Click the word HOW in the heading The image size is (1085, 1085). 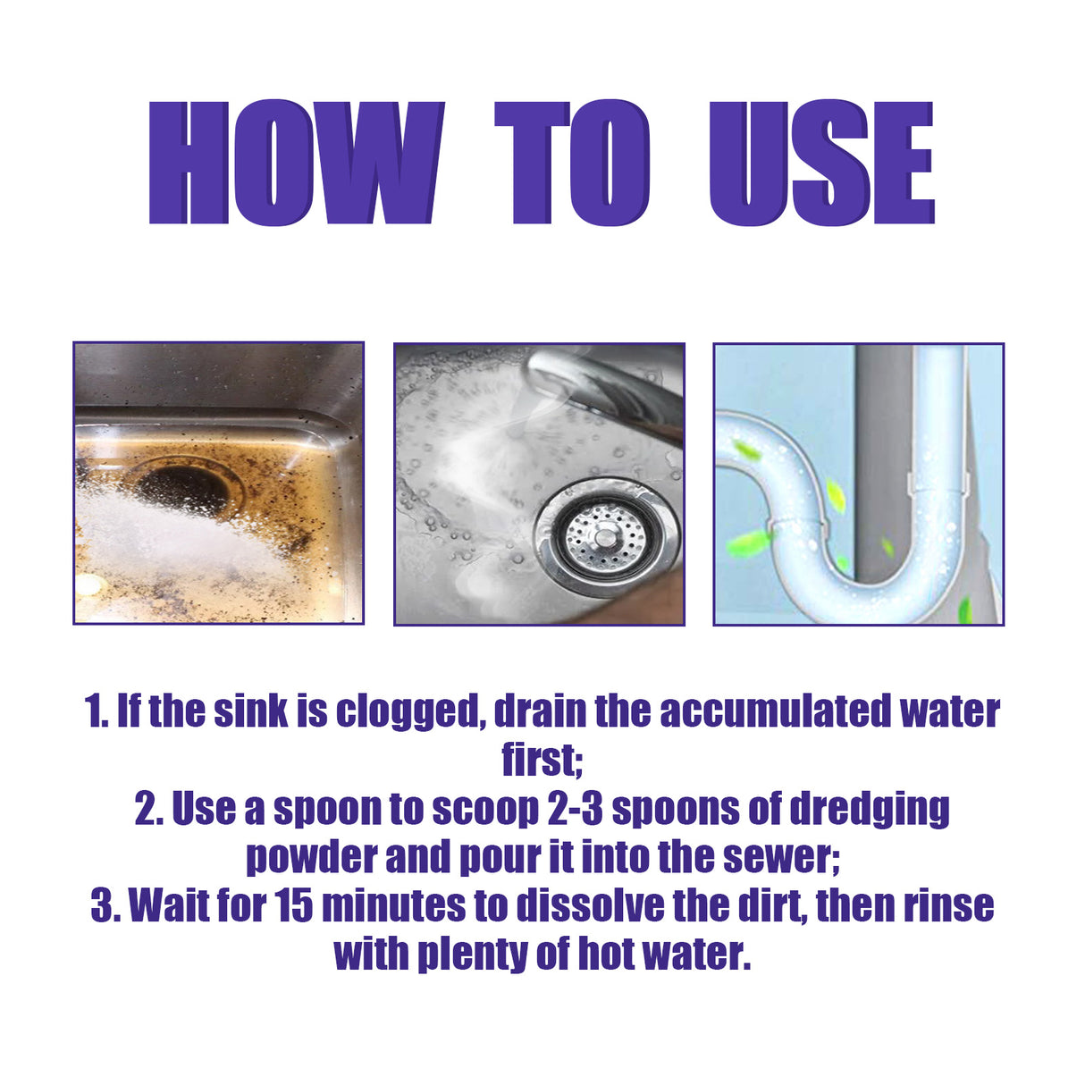(296, 163)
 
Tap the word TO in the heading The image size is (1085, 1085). (572, 163)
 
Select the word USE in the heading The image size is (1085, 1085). (821, 163)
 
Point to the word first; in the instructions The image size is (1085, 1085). (542, 761)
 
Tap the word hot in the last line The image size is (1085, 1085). (610, 954)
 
